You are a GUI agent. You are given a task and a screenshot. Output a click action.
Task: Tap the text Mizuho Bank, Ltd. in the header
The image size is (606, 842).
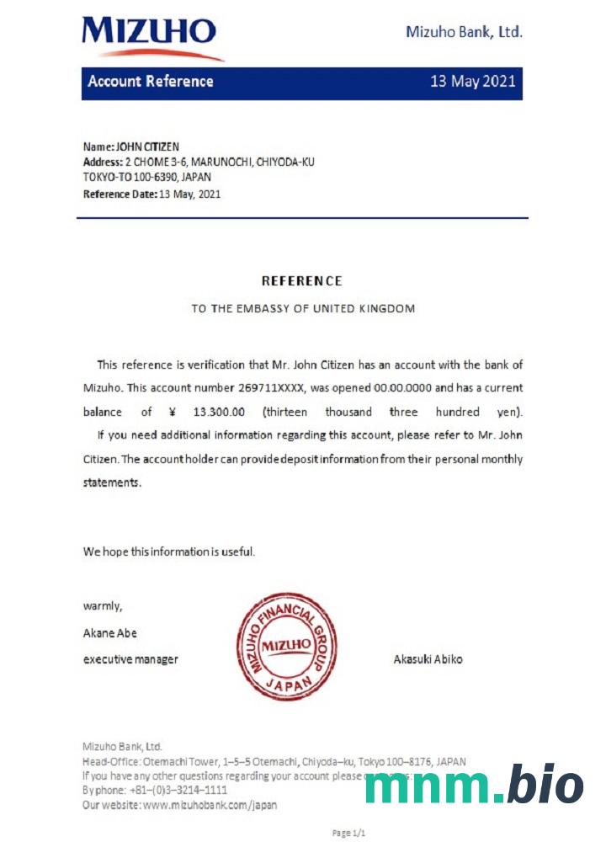(464, 32)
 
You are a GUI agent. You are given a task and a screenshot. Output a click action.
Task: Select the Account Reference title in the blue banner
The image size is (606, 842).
(151, 82)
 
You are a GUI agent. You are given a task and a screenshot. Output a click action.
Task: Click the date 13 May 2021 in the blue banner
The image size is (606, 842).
(472, 82)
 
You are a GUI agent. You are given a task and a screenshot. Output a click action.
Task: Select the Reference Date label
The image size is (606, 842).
(120, 194)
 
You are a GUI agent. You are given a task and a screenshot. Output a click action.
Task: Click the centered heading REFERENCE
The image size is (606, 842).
(302, 281)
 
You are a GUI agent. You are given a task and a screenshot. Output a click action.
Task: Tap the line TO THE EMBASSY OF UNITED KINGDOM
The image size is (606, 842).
(303, 309)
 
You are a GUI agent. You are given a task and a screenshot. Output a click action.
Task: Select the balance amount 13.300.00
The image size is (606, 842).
(219, 412)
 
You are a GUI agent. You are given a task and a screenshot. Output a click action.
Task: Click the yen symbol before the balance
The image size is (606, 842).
(172, 412)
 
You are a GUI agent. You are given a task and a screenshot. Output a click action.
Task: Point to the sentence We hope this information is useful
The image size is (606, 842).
(168, 552)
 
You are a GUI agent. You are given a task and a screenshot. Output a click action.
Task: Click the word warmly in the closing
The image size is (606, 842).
(103, 606)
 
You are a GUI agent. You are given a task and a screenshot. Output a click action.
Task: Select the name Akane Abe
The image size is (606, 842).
(109, 632)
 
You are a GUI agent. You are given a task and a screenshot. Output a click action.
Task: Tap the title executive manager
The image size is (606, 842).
(130, 659)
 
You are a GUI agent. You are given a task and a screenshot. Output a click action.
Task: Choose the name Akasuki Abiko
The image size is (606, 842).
(428, 659)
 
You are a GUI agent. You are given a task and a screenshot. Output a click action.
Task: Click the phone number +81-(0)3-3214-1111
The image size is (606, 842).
(178, 791)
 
